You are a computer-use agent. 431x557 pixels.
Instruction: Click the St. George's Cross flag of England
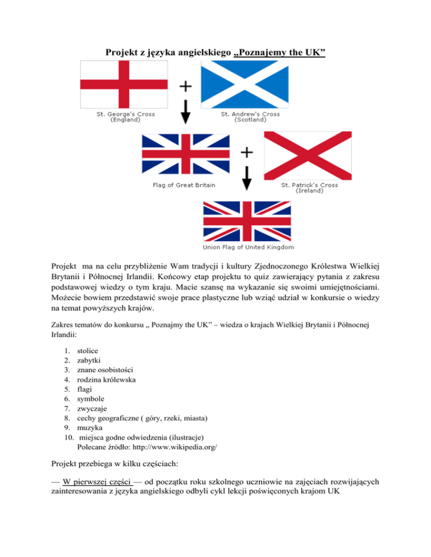pyautogui.click(x=124, y=85)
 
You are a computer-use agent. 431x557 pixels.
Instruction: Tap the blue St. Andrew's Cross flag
pyautogui.click(x=245, y=85)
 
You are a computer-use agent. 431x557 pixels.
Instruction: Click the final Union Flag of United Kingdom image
pyautogui.click(x=247, y=220)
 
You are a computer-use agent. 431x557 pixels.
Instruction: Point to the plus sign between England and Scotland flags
pyautogui.click(x=185, y=86)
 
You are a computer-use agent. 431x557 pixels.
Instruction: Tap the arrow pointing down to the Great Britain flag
pyautogui.click(x=185, y=114)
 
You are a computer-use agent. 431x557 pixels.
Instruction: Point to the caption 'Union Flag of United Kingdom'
pyautogui.click(x=248, y=247)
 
